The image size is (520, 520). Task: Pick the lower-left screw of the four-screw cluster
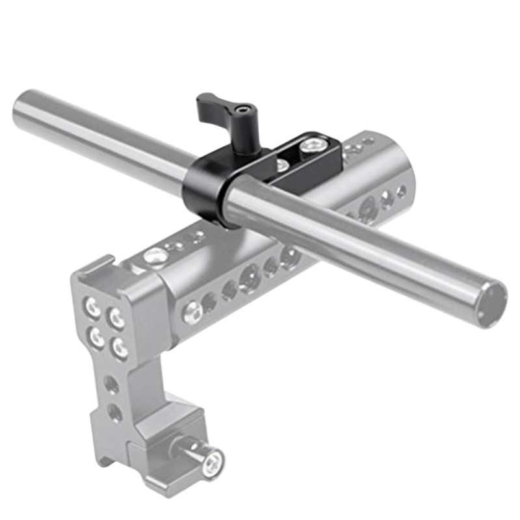97,336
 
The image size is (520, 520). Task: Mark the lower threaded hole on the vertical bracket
114,411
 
